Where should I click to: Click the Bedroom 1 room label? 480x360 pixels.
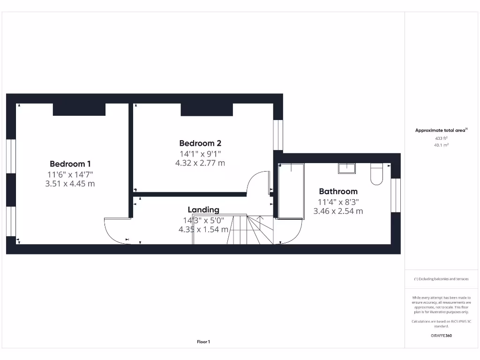70,164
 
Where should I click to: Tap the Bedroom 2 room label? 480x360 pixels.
200,143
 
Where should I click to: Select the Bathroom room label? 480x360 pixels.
338,191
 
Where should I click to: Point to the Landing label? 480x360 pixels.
203,210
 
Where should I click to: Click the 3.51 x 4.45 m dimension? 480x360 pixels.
70,184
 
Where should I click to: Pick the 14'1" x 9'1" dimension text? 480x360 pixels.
200,153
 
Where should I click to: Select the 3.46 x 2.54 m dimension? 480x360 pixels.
338,211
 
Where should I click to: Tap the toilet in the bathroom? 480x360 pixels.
376,173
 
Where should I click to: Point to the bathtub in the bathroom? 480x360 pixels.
291,191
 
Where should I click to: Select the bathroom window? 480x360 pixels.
396,195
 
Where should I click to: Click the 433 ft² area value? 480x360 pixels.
441,138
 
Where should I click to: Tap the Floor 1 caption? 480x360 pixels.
203,342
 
